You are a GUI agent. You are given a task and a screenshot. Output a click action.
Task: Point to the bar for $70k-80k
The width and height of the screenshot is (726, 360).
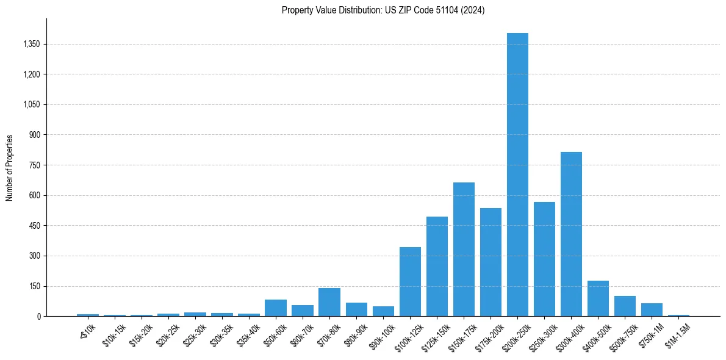(329, 302)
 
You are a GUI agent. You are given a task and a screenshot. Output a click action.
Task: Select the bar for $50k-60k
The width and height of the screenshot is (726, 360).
(276, 308)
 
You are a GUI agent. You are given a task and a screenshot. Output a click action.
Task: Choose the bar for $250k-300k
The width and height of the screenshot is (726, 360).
(544, 259)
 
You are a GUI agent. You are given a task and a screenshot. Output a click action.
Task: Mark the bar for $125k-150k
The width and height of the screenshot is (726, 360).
(437, 266)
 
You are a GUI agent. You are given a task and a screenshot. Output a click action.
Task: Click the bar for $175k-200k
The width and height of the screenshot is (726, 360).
(491, 262)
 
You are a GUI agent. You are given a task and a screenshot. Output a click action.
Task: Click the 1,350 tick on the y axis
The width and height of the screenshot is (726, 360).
(31, 44)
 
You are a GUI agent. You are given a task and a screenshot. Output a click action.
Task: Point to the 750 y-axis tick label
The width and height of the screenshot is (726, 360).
(34, 165)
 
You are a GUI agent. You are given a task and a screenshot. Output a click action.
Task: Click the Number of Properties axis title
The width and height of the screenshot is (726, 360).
(9, 168)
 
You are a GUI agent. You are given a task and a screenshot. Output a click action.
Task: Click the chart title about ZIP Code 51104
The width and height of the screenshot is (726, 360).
(383, 10)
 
